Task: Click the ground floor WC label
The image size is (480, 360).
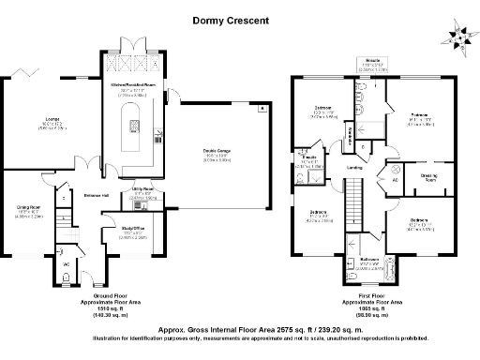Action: point(67,264)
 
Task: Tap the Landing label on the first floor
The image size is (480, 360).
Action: point(356,168)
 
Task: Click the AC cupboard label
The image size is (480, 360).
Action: point(395,179)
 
